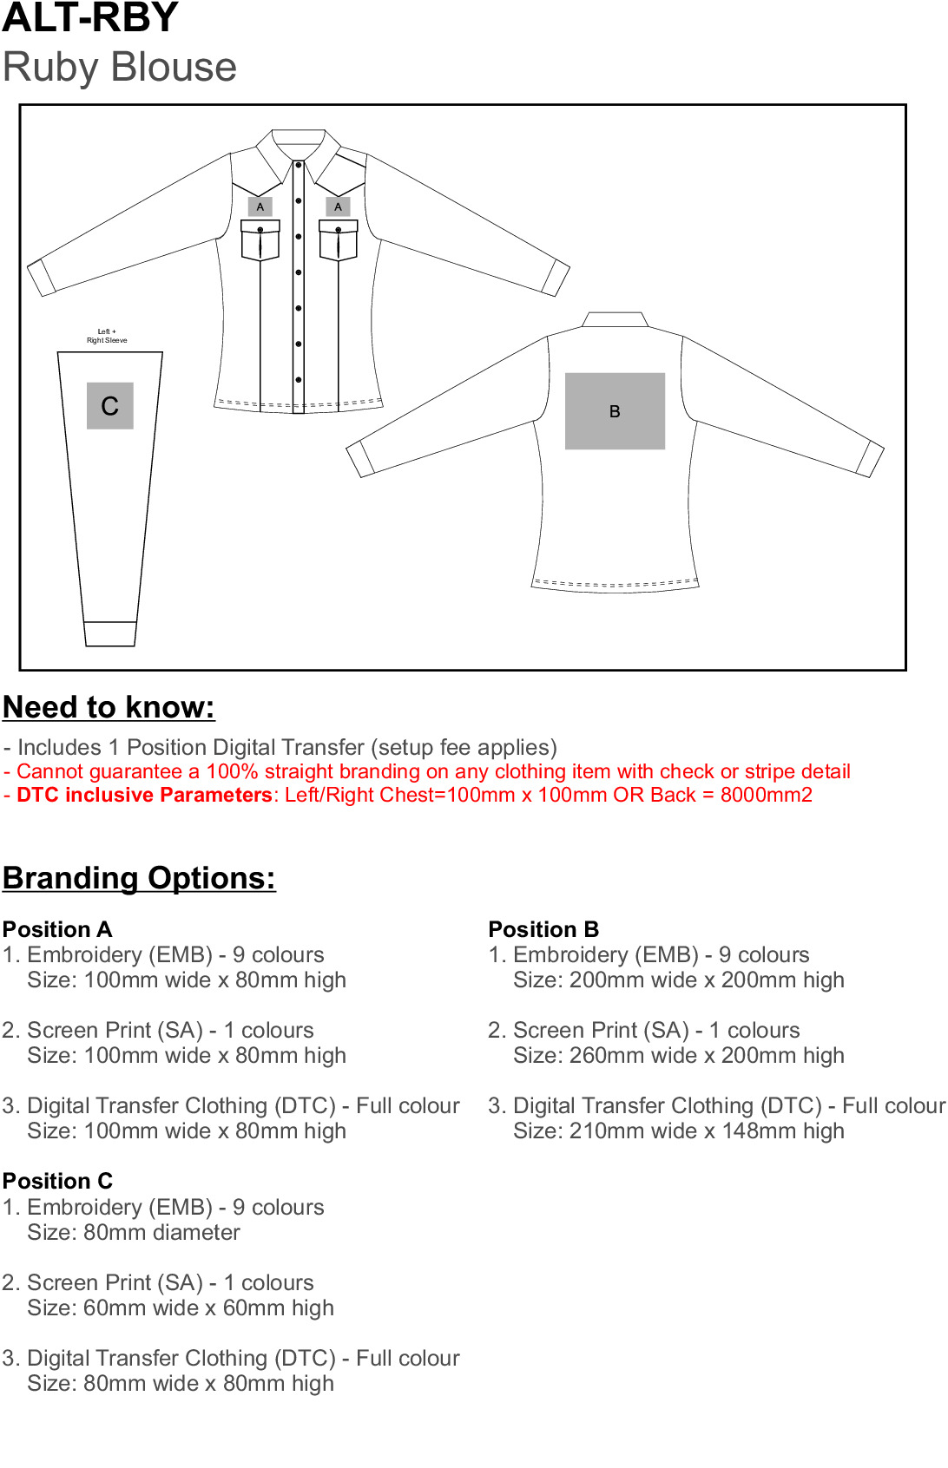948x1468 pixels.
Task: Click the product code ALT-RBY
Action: (x=90, y=18)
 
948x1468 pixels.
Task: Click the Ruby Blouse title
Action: (x=120, y=68)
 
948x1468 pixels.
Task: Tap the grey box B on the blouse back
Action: (x=615, y=411)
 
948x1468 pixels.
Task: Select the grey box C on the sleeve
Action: (x=110, y=406)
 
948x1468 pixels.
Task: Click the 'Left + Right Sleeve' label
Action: (x=107, y=336)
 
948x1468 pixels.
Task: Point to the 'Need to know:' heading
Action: (x=109, y=707)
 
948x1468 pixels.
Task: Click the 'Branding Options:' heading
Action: (x=139, y=878)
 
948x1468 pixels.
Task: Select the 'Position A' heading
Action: (x=57, y=929)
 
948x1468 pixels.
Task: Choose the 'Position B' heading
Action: (x=543, y=929)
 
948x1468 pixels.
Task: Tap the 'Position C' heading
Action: (x=57, y=1181)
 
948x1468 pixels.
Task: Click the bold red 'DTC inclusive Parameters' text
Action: (x=144, y=795)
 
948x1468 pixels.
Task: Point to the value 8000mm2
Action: (x=767, y=795)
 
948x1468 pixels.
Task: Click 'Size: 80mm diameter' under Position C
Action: (x=134, y=1232)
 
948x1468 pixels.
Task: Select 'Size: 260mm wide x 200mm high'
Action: (x=678, y=1055)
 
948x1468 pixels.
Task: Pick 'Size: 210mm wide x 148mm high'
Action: (x=678, y=1130)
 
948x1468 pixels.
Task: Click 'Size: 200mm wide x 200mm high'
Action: (x=678, y=980)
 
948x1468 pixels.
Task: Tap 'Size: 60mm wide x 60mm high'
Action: (x=180, y=1307)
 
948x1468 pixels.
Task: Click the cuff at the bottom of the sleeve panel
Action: (x=110, y=634)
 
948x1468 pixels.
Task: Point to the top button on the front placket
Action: (x=299, y=165)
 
